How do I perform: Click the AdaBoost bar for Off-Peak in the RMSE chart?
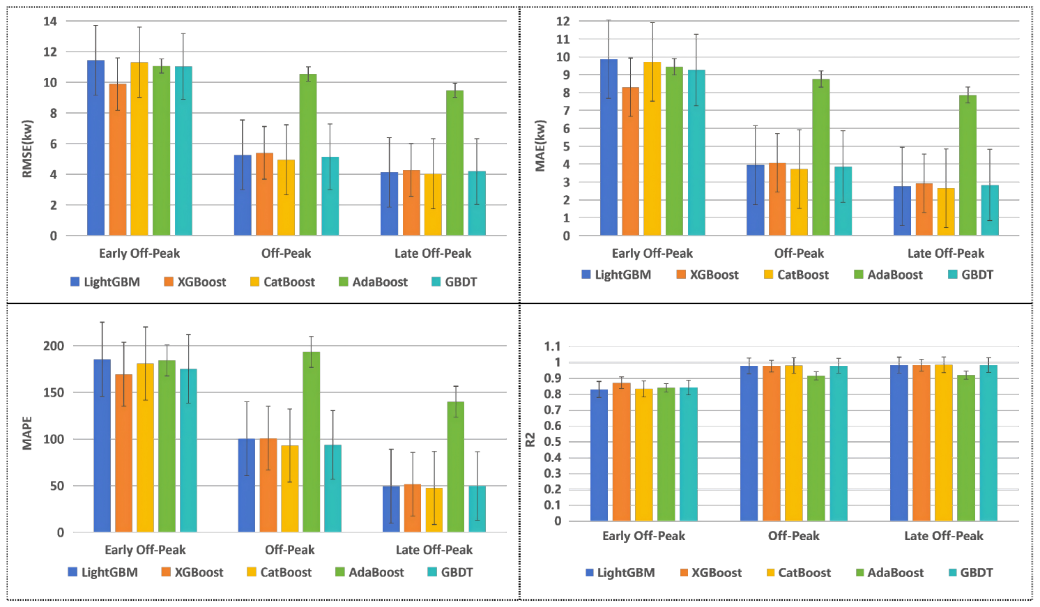[308, 155]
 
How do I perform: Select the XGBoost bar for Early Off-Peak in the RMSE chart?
[118, 160]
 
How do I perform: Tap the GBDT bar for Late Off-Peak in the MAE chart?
[990, 210]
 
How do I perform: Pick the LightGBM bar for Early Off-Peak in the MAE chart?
[609, 147]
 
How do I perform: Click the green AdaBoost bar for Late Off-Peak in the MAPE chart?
[455, 467]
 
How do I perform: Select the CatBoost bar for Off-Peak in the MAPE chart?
[290, 489]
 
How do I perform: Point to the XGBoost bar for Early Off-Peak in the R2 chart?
[621, 452]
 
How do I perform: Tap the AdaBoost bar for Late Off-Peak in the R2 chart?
[965, 448]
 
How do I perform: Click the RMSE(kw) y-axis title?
[27, 149]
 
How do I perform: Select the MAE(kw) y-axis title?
[540, 146]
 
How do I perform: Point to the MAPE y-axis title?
[27, 433]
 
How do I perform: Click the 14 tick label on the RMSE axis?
[50, 21]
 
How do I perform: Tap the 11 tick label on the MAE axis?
[563, 39]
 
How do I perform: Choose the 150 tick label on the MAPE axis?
[54, 392]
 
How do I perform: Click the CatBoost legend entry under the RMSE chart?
[282, 282]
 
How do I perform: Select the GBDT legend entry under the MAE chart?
[971, 275]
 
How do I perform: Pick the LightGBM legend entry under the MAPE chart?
[103, 572]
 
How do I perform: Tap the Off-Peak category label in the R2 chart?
[793, 536]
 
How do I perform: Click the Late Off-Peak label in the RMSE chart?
[433, 254]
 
